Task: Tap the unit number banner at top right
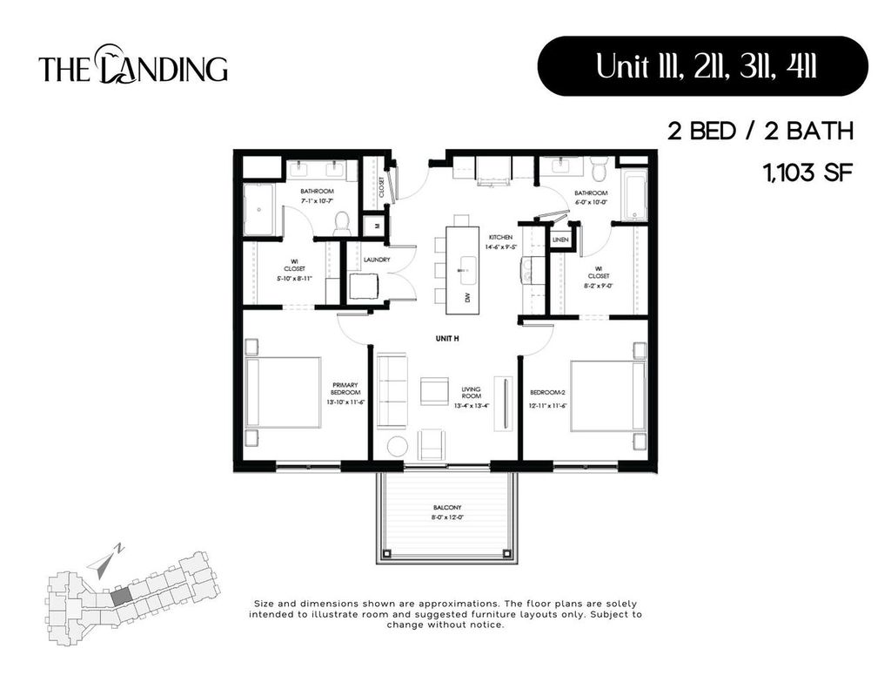[x=703, y=66]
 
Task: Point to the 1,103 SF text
[x=806, y=172]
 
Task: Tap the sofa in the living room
[x=392, y=390]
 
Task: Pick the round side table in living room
[x=397, y=445]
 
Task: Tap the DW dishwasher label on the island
[x=467, y=298]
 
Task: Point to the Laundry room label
[x=377, y=260]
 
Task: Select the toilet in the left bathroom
[x=340, y=223]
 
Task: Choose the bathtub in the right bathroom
[x=634, y=195]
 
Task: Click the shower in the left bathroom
[x=258, y=209]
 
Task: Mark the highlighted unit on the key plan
[x=121, y=595]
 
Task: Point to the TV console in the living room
[x=502, y=402]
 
